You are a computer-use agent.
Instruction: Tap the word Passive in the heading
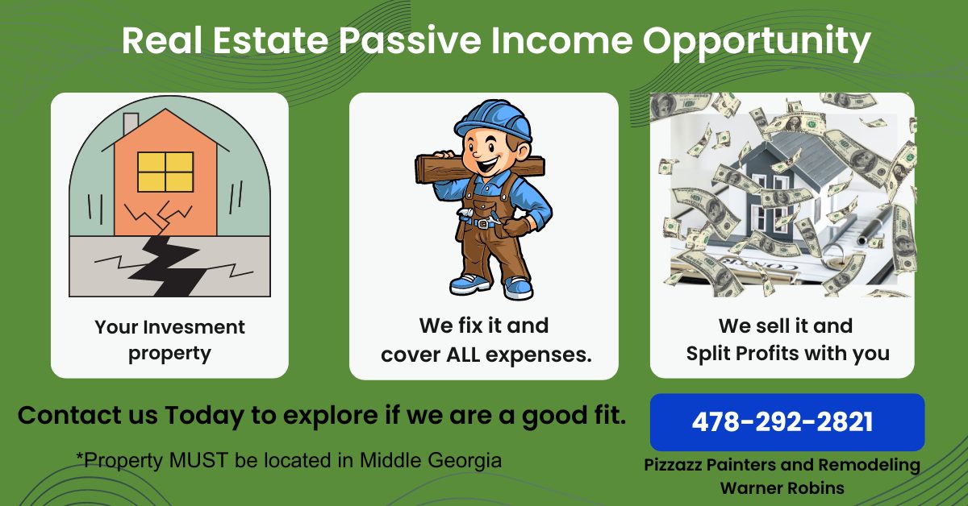click(410, 40)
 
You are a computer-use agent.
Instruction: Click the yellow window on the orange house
click(165, 172)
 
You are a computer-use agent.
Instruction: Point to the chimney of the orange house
click(131, 123)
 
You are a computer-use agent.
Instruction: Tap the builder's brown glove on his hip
click(517, 226)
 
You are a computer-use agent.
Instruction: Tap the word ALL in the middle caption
click(463, 355)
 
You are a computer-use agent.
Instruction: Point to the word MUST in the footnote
click(198, 460)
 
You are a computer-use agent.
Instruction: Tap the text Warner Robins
click(782, 487)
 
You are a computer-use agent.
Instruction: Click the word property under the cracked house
click(169, 354)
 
